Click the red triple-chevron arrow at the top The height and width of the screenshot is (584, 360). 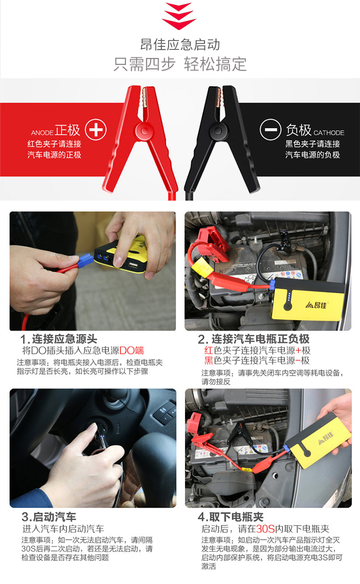pyautogui.click(x=179, y=16)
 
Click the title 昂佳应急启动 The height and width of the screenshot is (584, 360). pyautogui.click(x=180, y=44)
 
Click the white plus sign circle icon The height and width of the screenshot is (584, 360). pyautogui.click(x=95, y=130)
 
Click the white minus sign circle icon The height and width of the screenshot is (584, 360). pyautogui.click(x=270, y=130)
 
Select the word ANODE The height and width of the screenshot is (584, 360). pyautogui.click(x=42, y=133)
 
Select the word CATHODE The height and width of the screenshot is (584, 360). pyautogui.click(x=329, y=133)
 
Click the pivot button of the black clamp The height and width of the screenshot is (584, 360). pyautogui.click(x=216, y=132)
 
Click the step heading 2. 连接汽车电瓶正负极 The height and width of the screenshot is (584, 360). pyautogui.click(x=253, y=339)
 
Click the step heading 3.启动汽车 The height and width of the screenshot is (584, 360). pyautogui.click(x=49, y=517)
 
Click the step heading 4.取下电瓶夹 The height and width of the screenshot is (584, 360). pyautogui.click(x=230, y=517)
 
